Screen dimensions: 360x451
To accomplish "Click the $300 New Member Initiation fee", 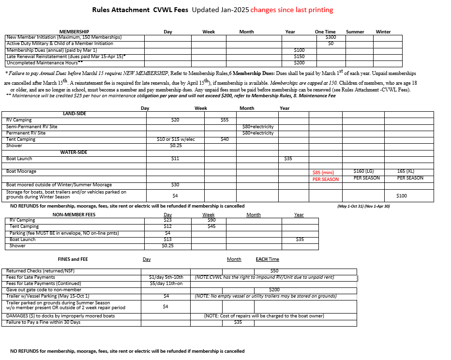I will tap(331, 37).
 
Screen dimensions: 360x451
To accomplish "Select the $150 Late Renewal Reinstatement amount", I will tap(300, 57).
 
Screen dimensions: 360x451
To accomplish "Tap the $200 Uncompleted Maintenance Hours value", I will tap(300, 63).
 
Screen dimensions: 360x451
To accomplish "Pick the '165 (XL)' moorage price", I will tap(406, 171).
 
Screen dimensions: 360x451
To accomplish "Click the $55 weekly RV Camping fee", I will tap(224, 120).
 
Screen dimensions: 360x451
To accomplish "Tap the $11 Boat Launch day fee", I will tap(175, 159).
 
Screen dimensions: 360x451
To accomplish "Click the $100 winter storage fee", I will tap(402, 196).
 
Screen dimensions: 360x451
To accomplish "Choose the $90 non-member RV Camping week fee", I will tap(211, 221).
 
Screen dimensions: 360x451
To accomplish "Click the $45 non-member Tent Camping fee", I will tap(211, 226).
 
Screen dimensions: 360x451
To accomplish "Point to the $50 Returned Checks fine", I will tap(274, 271).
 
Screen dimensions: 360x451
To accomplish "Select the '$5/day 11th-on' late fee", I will tap(166, 284).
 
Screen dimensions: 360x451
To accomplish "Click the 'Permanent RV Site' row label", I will tap(26, 133).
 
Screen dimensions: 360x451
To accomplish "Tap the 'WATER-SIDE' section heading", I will tap(74, 152).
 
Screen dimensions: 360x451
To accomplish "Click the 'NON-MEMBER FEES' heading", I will tap(74, 215).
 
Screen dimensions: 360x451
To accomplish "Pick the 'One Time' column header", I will tap(325, 32).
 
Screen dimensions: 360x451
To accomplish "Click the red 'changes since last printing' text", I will tap(292, 10).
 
